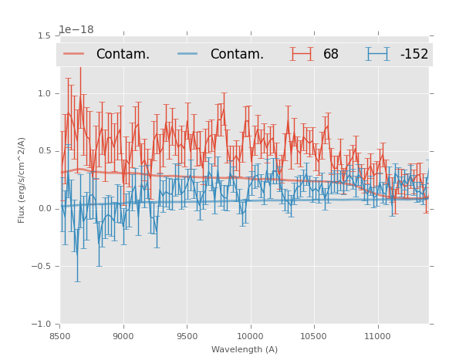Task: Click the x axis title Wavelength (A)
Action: pos(245,349)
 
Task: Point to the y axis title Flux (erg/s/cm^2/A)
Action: pos(22,180)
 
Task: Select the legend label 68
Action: pos(331,55)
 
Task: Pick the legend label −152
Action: pos(414,55)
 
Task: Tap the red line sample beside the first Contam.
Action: pos(75,54)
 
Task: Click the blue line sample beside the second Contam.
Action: pos(189,54)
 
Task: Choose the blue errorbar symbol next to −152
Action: pos(378,54)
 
